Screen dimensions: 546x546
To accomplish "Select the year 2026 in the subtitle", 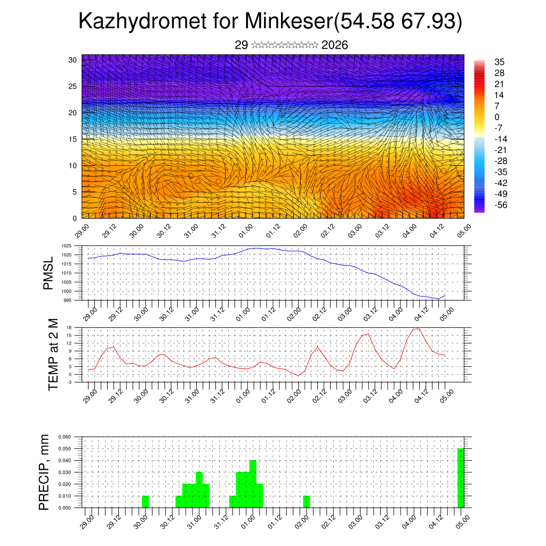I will coord(335,45).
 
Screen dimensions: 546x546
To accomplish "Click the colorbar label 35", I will coord(500,62).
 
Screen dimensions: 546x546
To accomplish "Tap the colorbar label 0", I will coord(497,117).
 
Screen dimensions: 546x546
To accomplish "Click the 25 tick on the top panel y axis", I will coord(74,86).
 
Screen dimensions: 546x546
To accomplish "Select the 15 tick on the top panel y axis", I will coord(74,139).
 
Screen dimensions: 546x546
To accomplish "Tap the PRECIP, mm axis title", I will coord(44,472).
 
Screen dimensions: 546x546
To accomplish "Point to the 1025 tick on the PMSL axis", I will coord(66,246).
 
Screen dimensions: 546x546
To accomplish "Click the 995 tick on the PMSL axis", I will coord(68,300).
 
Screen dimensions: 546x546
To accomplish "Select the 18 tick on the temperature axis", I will coord(69,327).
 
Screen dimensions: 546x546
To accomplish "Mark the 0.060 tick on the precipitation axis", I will coord(65,437).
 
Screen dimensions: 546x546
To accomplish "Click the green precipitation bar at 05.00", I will coord(461,478).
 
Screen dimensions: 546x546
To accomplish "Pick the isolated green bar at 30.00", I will coord(146,502).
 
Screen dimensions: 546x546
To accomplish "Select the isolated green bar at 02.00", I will coord(306,502).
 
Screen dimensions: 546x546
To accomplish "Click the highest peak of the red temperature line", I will coord(416,328).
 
